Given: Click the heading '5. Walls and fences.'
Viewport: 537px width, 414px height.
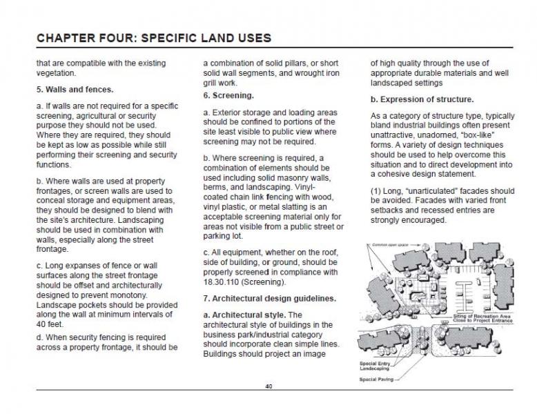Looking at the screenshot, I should (x=75, y=89).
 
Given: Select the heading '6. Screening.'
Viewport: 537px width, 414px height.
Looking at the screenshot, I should (x=228, y=95).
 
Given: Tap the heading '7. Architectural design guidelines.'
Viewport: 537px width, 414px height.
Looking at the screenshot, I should (x=270, y=298).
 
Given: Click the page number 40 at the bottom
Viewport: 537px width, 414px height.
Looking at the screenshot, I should (x=268, y=386).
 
